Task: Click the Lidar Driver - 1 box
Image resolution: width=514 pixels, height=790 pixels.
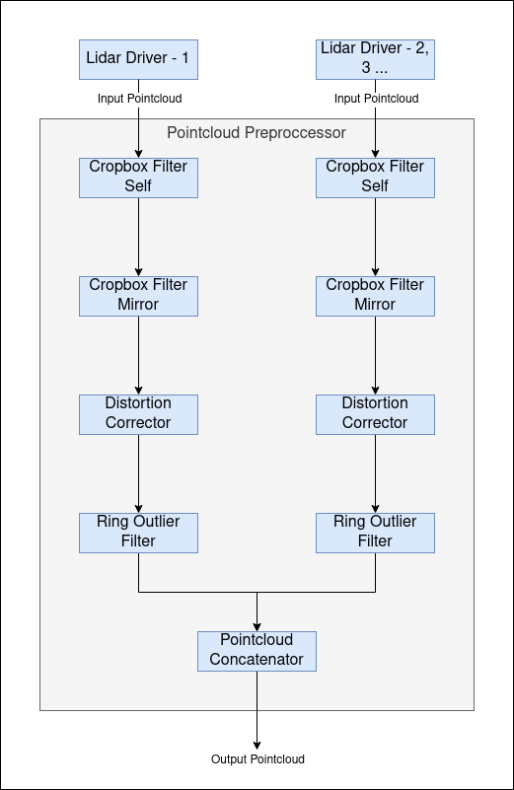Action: [138, 59]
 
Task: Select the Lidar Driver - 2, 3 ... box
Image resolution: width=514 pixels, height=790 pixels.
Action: [375, 59]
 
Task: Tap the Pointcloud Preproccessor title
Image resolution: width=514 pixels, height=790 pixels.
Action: [257, 132]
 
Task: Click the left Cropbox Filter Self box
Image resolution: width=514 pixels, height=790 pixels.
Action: [138, 178]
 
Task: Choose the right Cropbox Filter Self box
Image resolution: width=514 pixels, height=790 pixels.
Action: [375, 178]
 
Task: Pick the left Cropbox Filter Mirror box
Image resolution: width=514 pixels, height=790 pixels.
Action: [138, 296]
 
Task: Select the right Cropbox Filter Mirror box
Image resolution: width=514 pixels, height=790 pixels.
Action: [375, 296]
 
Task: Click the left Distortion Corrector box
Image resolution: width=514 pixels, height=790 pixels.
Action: [138, 414]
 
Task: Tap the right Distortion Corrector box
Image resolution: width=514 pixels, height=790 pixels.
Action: [375, 414]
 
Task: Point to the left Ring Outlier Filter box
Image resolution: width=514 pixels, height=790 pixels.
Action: [138, 533]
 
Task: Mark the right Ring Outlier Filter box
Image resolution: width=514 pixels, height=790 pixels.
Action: [375, 533]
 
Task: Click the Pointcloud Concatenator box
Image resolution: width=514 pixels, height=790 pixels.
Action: [257, 651]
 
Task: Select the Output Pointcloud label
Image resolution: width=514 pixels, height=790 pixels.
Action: [257, 759]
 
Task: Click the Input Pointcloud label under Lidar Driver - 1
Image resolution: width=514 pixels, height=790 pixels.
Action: [139, 99]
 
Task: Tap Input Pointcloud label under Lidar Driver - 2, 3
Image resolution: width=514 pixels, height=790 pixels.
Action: [376, 99]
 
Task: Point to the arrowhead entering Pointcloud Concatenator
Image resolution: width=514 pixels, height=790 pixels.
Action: [257, 625]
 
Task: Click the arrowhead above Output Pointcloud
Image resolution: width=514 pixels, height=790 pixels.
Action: [257, 744]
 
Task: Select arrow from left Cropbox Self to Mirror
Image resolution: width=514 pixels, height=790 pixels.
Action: [138, 237]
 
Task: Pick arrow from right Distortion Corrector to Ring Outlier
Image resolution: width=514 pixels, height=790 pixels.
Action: [375, 473]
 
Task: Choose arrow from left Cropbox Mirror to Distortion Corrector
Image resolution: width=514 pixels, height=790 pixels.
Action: [138, 355]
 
